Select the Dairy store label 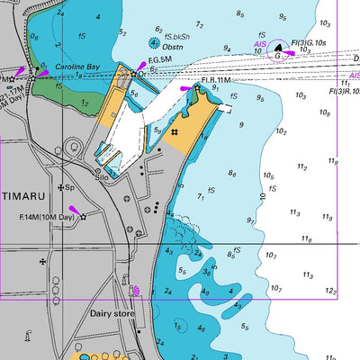[x=112, y=314]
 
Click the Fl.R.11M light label [x=216, y=80]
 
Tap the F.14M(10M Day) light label [x=46, y=217]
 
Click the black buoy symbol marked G [x=278, y=56]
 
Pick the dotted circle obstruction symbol [x=154, y=42]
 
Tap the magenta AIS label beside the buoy [x=259, y=43]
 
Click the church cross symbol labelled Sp [x=61, y=187]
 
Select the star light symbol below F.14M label [x=84, y=218]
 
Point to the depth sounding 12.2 [x=331, y=291]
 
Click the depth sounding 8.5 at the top [x=240, y=13]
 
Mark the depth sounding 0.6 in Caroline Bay [x=34, y=37]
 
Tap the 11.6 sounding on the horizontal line [x=307, y=238]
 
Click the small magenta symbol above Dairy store [x=136, y=291]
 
